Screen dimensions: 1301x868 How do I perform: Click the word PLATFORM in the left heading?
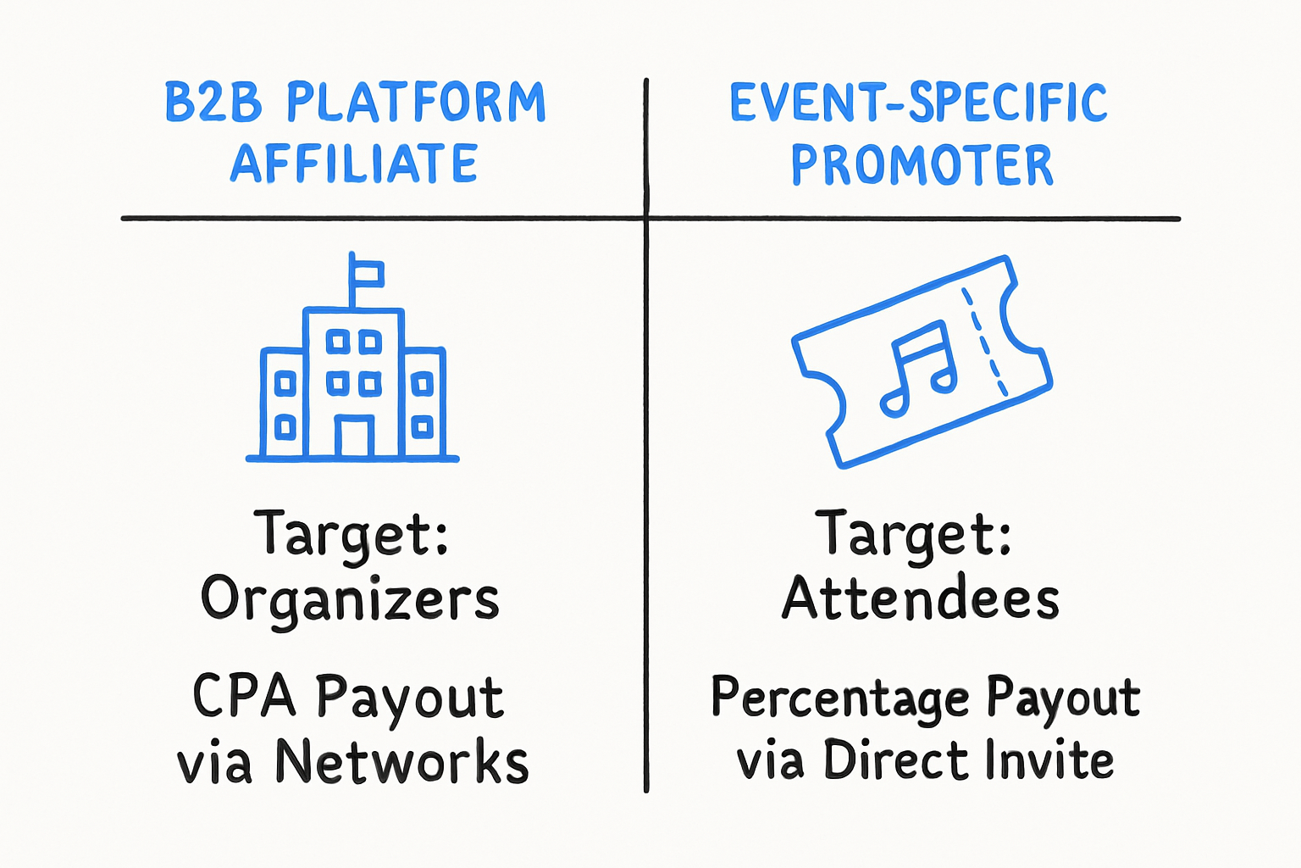click(416, 102)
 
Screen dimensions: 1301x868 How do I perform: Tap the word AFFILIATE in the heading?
click(354, 163)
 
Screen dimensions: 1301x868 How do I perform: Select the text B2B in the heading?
click(213, 102)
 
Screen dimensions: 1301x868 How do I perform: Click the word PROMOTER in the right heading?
click(922, 164)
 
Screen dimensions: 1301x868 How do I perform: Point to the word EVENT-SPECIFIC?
click(918, 103)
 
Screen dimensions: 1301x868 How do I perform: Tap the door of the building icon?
click(354, 436)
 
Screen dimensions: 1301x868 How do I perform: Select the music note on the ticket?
click(918, 370)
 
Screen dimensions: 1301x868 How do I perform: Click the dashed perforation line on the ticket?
click(985, 342)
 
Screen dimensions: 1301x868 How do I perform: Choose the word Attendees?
click(921, 597)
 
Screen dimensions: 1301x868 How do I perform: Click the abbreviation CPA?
click(244, 696)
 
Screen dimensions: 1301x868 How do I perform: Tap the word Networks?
click(402, 761)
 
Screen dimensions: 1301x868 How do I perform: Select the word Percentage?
click(840, 698)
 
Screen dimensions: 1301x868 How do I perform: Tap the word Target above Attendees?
click(913, 535)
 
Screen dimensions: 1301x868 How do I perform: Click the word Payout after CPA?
click(409, 699)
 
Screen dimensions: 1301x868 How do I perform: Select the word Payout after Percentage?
click(1063, 698)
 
